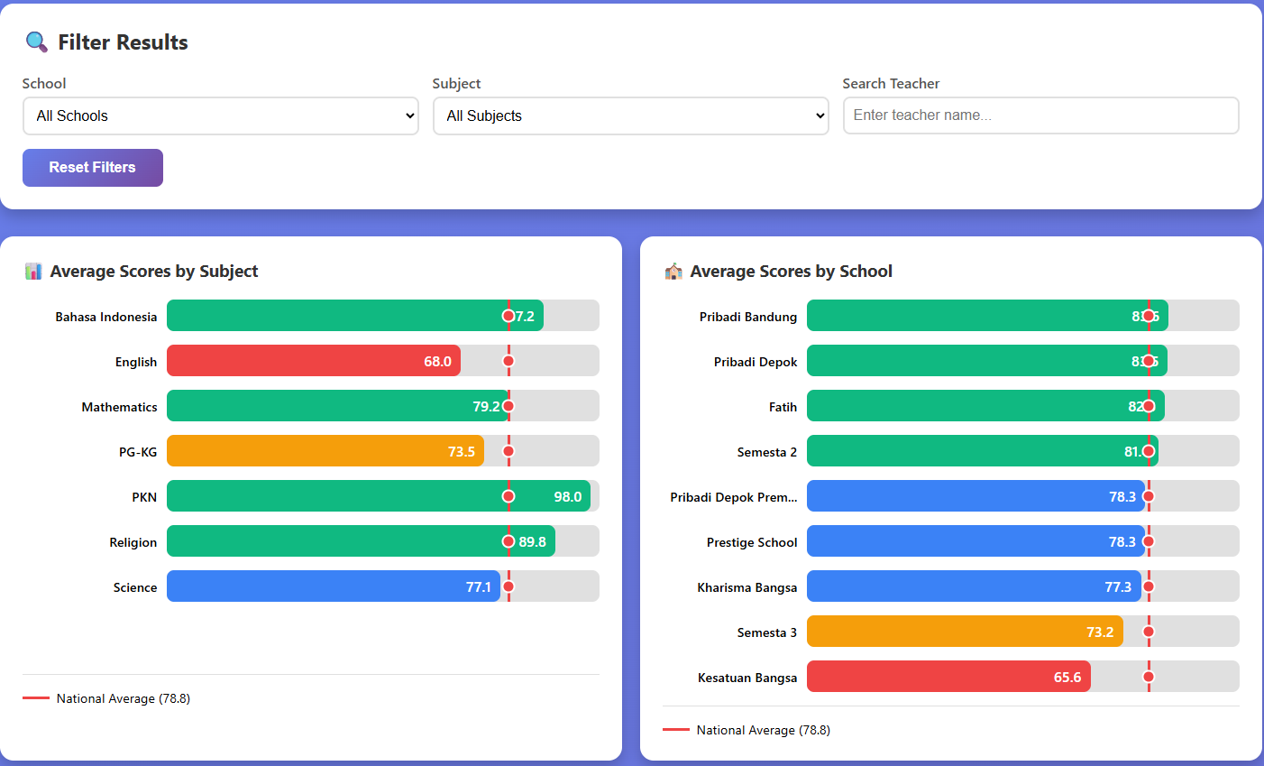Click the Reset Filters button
point(92,168)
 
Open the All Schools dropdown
point(220,116)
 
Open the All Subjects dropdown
point(630,116)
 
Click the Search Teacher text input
point(1040,115)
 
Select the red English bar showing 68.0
point(313,361)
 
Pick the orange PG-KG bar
point(325,451)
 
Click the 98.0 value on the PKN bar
point(567,497)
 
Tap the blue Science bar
point(333,586)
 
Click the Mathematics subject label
point(119,407)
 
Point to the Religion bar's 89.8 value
point(532,542)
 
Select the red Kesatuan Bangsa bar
point(948,677)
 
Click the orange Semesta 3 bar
point(964,632)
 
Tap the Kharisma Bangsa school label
point(746,587)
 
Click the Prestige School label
point(751,542)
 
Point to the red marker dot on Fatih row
point(1149,406)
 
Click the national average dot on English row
point(508,361)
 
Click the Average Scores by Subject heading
point(153,272)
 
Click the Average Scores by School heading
point(791,272)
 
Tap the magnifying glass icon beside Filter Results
point(36,42)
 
